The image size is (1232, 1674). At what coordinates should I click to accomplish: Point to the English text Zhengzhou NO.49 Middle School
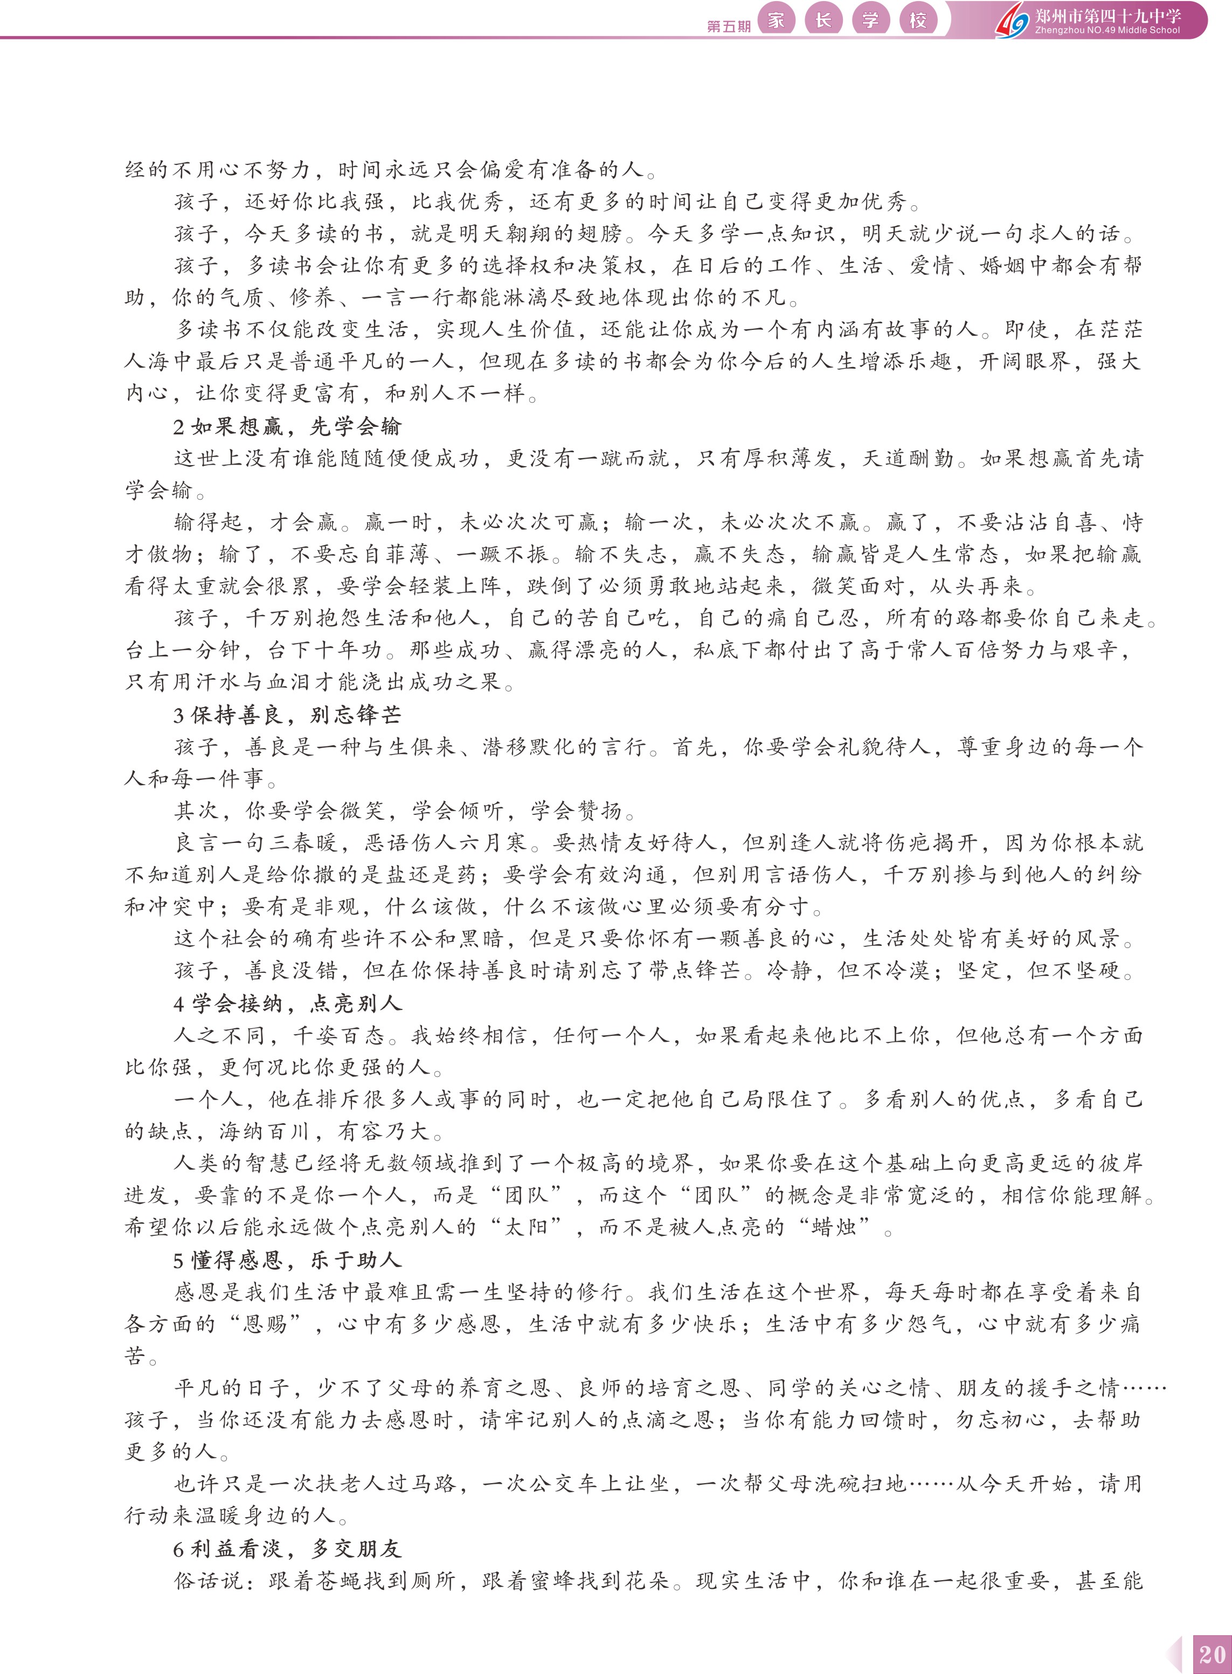tap(1107, 31)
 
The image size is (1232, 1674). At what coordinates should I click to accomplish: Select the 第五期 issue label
tap(729, 26)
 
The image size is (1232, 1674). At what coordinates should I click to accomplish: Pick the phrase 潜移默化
tap(529, 747)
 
